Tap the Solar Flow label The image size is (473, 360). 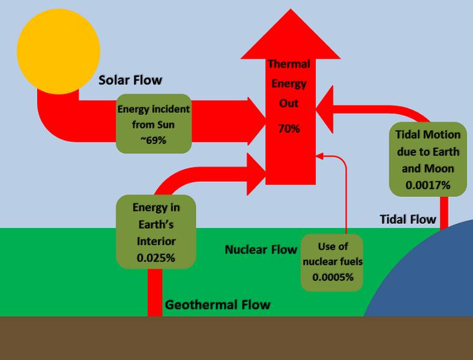click(x=130, y=80)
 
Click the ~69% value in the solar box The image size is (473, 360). click(x=154, y=140)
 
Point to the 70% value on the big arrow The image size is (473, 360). click(x=289, y=128)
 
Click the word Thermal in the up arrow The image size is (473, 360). click(x=289, y=64)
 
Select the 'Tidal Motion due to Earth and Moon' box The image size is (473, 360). click(x=428, y=160)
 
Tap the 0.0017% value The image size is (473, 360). click(x=428, y=185)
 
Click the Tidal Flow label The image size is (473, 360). click(x=408, y=219)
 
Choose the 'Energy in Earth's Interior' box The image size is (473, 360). click(x=156, y=232)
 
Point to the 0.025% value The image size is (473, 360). click(x=156, y=258)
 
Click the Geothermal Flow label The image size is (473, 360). click(x=217, y=305)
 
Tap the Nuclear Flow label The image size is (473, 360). click(x=261, y=249)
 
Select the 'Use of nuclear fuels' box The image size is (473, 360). click(x=333, y=262)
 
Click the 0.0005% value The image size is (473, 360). click(x=333, y=278)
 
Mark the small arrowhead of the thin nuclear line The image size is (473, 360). click(x=319, y=157)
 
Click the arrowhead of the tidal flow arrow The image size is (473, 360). click(x=325, y=108)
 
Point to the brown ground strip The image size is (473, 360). click(x=237, y=338)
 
